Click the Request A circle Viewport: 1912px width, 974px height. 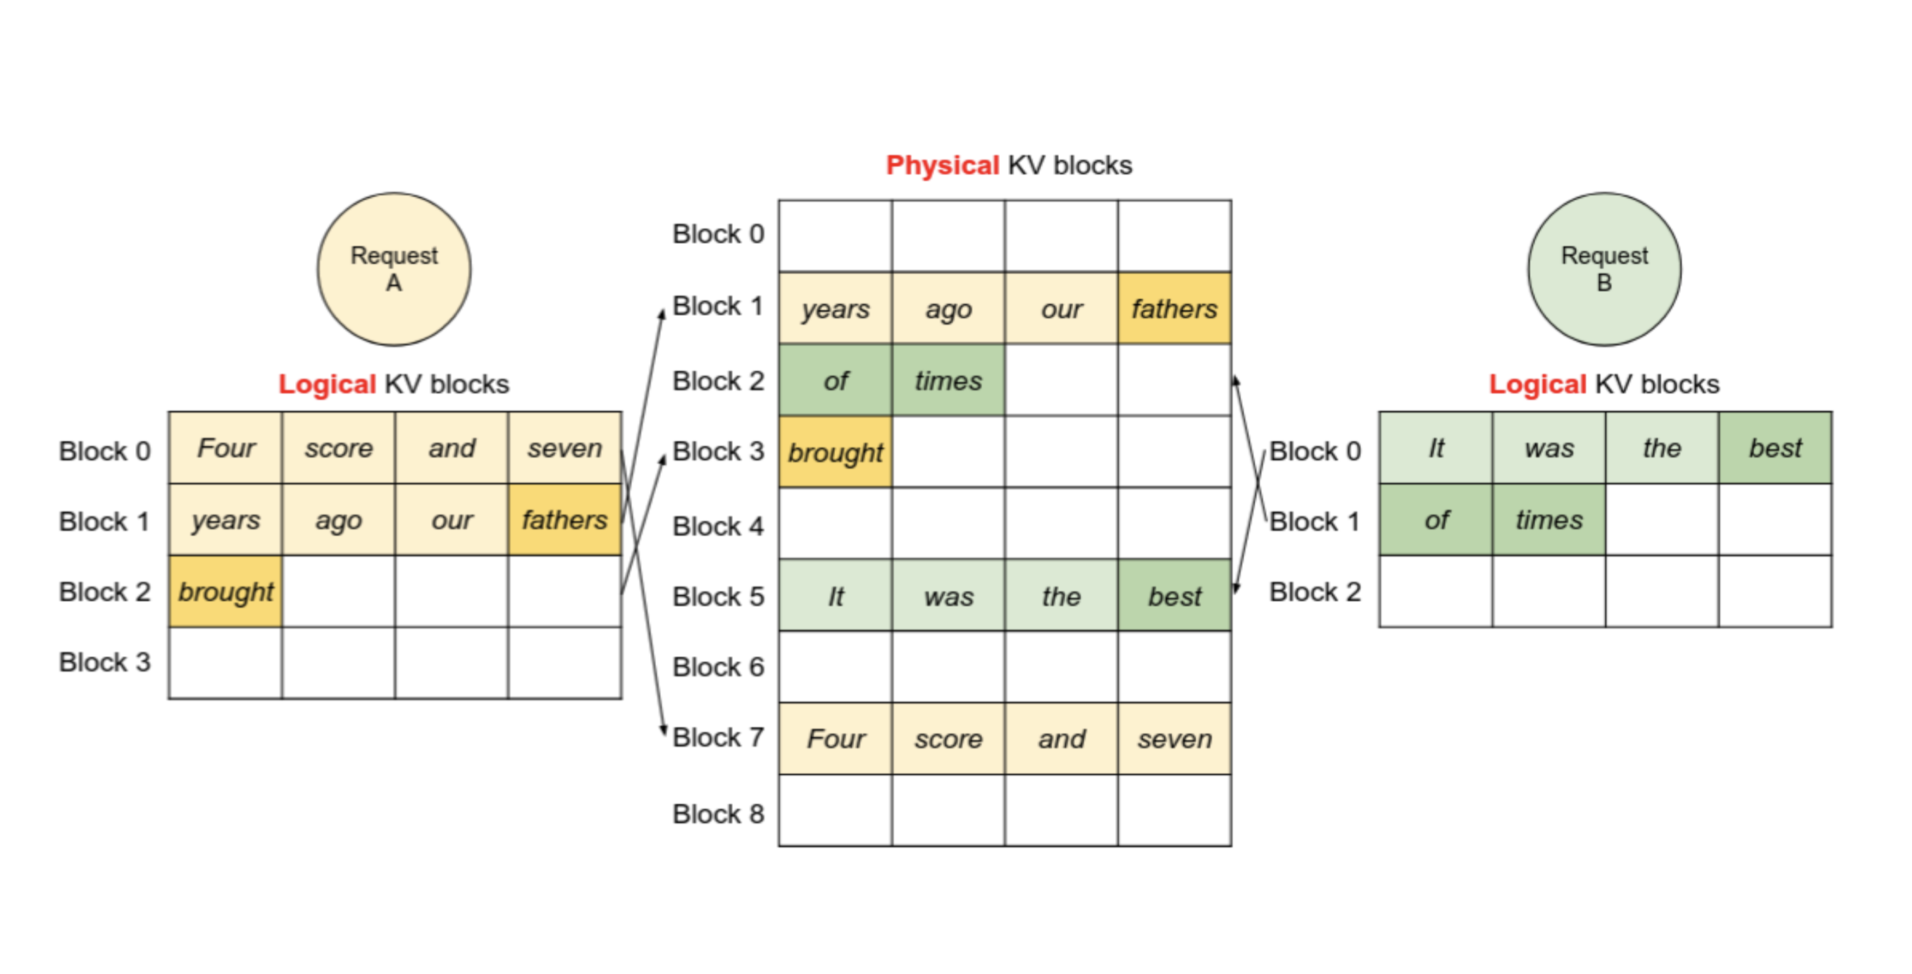point(394,269)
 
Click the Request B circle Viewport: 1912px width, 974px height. point(1604,269)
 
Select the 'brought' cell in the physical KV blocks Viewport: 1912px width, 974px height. point(835,452)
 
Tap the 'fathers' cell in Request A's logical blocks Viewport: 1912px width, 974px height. point(564,519)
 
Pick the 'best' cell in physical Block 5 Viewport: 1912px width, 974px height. point(1174,596)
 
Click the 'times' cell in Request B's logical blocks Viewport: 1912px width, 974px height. point(1548,519)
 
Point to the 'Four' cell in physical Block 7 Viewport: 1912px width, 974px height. point(835,739)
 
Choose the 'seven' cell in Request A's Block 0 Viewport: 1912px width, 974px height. point(564,448)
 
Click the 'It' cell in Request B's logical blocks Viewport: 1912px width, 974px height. point(1436,448)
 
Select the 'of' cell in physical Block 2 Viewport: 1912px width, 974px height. point(835,381)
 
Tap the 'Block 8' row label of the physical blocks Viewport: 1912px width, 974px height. point(718,813)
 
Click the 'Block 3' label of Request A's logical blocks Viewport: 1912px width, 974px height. point(105,662)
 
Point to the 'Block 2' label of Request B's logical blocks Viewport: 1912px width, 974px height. point(1315,592)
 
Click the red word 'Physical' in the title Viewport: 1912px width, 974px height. point(943,165)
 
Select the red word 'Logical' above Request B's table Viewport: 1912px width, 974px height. point(1537,384)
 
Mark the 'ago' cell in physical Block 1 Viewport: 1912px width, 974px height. point(948,309)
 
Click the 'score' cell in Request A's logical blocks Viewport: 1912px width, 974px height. point(338,448)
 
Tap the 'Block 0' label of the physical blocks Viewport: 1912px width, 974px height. point(718,234)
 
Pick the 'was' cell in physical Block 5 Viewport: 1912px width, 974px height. point(948,596)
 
